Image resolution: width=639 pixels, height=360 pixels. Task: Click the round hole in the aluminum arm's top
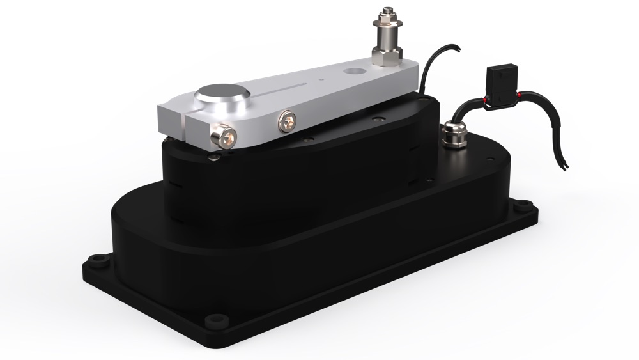pos(352,68)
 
